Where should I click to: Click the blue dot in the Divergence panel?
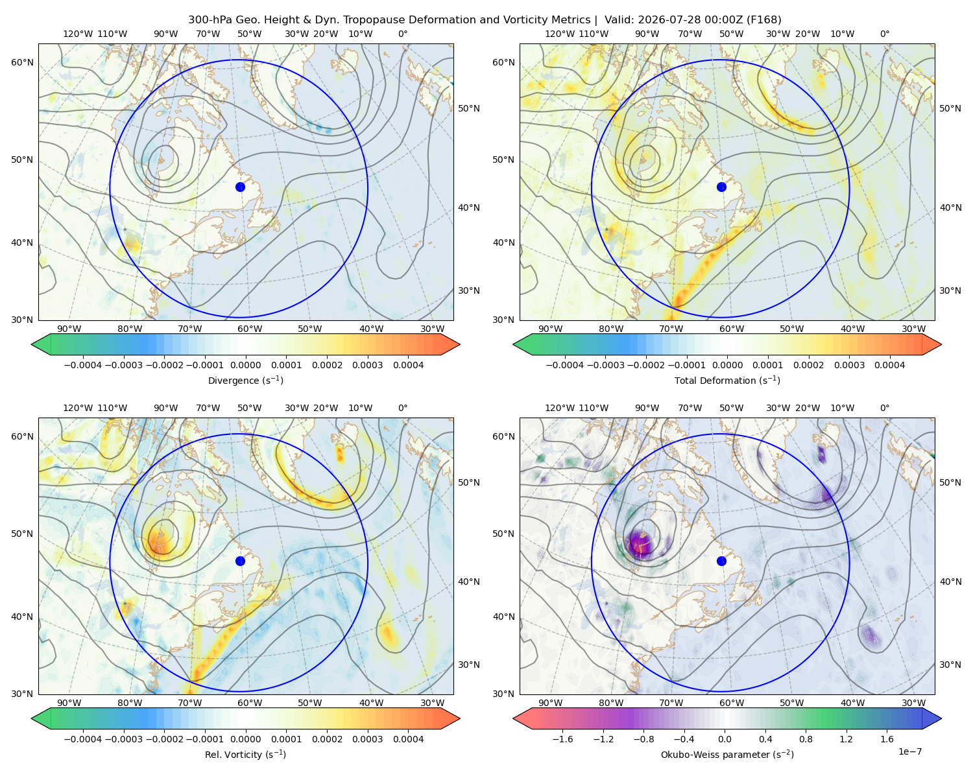pyautogui.click(x=240, y=187)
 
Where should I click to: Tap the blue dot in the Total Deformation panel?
pyautogui.click(x=721, y=187)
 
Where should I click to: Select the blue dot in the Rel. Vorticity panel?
pyautogui.click(x=240, y=561)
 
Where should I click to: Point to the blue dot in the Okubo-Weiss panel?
pyautogui.click(x=721, y=561)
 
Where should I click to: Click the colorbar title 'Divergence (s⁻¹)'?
pyautogui.click(x=245, y=381)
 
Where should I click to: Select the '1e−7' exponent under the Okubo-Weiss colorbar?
pyautogui.click(x=909, y=752)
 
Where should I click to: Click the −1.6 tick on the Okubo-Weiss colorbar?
pyautogui.click(x=562, y=739)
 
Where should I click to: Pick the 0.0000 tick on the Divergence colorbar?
pyautogui.click(x=245, y=365)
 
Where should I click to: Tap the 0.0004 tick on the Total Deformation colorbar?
pyautogui.click(x=890, y=365)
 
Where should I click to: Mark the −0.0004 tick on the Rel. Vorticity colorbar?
pyautogui.click(x=83, y=739)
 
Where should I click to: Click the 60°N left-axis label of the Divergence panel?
pyautogui.click(x=22, y=62)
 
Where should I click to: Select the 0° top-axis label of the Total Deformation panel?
pyautogui.click(x=885, y=34)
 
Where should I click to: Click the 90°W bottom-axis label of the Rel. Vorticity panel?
pyautogui.click(x=69, y=703)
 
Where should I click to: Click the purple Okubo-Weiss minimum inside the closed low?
pyautogui.click(x=640, y=543)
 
